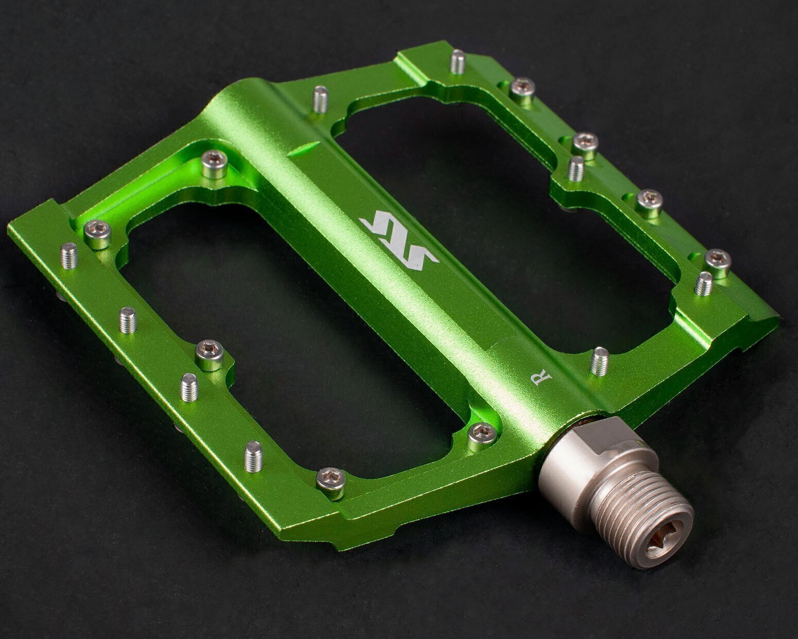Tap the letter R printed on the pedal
click(542, 378)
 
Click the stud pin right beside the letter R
click(599, 361)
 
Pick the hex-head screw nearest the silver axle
click(482, 436)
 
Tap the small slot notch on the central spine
click(304, 148)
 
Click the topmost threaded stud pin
click(458, 62)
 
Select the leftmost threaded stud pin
click(70, 256)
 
